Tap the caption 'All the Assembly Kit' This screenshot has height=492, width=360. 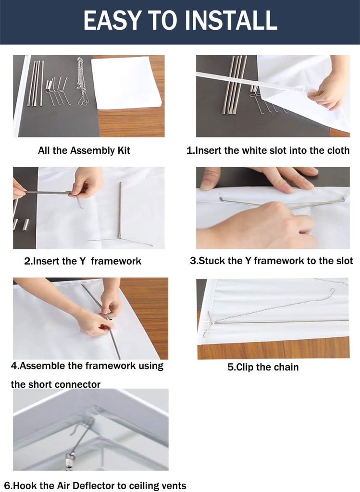(x=84, y=150)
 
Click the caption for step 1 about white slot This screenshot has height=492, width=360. (x=268, y=150)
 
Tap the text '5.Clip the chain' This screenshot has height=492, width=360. (x=263, y=367)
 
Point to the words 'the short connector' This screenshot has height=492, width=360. (x=55, y=384)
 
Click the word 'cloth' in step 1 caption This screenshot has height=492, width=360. (x=338, y=150)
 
